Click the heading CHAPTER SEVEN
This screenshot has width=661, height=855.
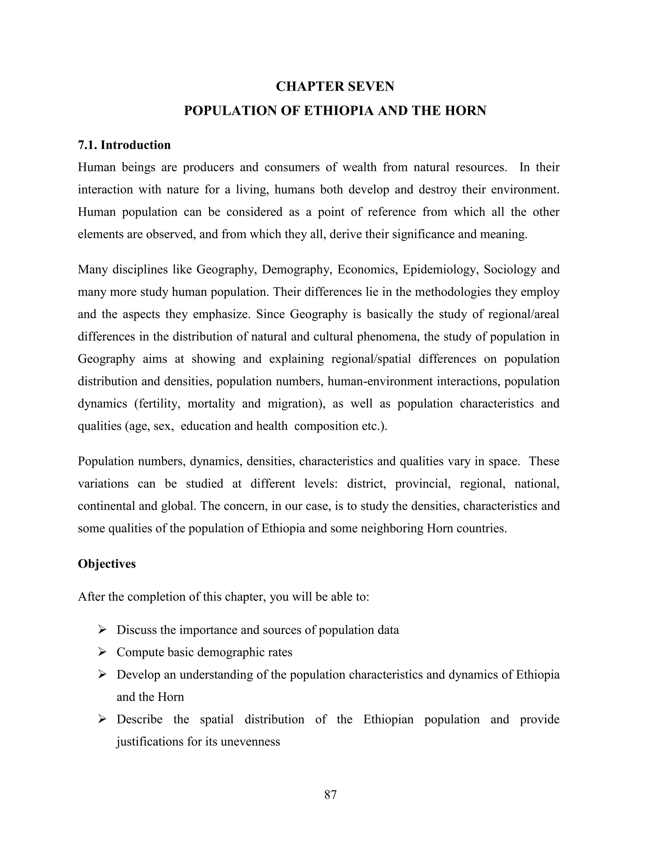335,86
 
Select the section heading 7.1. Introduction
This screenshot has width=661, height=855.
124,145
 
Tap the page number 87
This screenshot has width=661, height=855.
330,795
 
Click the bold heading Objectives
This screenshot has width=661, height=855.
107,564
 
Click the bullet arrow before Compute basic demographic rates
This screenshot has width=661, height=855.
102,652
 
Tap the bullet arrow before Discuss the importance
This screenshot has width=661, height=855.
102,630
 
